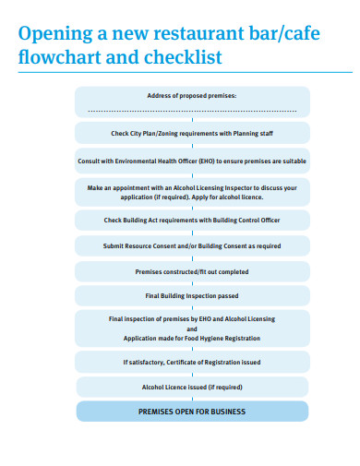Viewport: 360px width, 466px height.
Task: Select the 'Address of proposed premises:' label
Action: [192, 96]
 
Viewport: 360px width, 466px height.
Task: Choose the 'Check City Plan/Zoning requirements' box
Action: [192, 134]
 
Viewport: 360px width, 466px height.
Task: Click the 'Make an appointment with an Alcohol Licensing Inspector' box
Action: [192, 192]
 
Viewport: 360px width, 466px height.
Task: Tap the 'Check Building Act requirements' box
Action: [192, 220]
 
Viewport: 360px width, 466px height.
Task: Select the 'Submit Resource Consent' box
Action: [192, 246]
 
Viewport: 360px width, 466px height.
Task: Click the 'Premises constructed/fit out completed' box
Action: [192, 271]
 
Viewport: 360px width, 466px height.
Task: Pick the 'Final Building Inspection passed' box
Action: [192, 296]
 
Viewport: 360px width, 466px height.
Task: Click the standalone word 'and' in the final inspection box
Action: [192, 329]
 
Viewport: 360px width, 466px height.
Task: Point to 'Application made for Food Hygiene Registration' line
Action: [192, 339]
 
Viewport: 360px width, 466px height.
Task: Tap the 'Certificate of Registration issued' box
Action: [192, 362]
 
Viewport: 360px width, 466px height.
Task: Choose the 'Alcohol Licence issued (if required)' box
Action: [192, 387]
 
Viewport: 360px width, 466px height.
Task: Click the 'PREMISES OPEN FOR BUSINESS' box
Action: [192, 412]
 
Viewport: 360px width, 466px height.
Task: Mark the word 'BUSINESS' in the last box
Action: [227, 412]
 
